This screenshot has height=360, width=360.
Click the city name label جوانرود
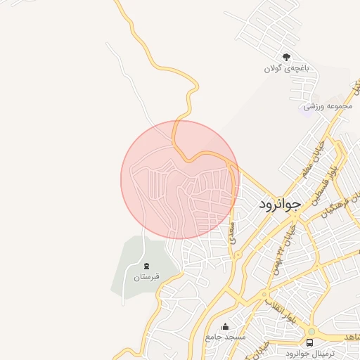(x=279, y=204)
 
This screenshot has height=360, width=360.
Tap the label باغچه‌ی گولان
(x=287, y=68)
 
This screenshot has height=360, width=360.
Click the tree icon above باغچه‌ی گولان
(x=285, y=57)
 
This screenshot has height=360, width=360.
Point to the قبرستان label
(x=146, y=277)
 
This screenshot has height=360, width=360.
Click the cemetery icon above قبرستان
(x=146, y=266)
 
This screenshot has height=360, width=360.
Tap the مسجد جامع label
(x=226, y=337)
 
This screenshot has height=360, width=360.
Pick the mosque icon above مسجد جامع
(x=225, y=326)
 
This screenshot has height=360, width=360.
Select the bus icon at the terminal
(x=311, y=341)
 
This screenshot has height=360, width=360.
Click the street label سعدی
(x=233, y=233)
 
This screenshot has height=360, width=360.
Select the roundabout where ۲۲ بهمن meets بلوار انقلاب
(x=264, y=295)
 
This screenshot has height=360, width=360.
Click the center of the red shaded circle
(x=180, y=179)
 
